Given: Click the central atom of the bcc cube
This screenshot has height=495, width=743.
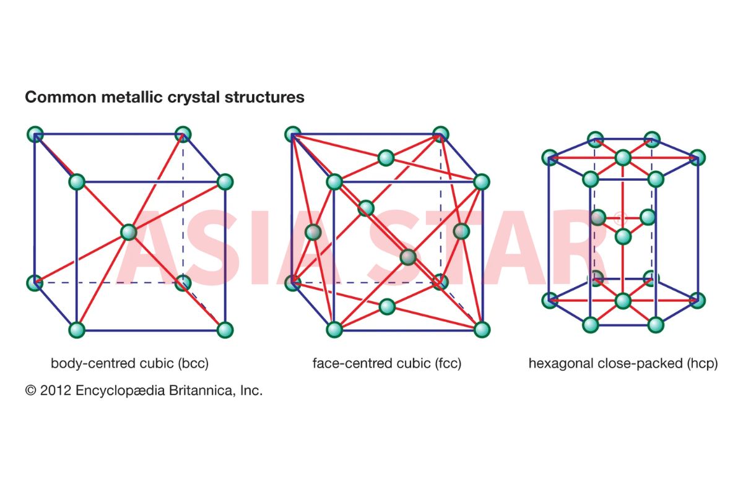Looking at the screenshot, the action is [129, 232].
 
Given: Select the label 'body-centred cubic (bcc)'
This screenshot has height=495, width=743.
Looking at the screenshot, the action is [129, 363].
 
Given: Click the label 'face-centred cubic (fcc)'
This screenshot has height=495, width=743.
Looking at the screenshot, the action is [387, 363].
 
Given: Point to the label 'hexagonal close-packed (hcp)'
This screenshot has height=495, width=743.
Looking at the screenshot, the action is [624, 363].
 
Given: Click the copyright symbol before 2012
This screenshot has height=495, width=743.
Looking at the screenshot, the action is [30, 390].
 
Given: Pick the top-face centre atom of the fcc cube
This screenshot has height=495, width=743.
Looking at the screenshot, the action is [386, 158].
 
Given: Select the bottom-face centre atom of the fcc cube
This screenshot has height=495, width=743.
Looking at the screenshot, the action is [387, 307].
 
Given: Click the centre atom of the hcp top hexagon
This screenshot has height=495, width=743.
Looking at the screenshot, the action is [623, 158].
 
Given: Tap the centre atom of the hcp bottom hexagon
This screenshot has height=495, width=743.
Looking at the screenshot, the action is [623, 301].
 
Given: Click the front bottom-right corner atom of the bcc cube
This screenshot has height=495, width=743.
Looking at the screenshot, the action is [225, 330].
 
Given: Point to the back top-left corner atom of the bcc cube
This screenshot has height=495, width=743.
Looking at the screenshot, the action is [35, 134].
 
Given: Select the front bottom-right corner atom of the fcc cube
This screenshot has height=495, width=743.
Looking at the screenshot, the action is [482, 330].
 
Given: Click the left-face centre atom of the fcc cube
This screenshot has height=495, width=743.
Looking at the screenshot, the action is [313, 232].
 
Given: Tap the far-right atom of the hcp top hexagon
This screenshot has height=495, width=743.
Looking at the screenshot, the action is [697, 158].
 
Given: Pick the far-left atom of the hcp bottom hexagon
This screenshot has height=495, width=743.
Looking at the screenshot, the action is [550, 300].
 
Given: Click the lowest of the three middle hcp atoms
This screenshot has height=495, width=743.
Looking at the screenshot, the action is [623, 237].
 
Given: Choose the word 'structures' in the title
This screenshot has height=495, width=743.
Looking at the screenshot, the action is [264, 97].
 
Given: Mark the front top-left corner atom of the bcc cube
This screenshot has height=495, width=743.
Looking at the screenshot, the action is [77, 182].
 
